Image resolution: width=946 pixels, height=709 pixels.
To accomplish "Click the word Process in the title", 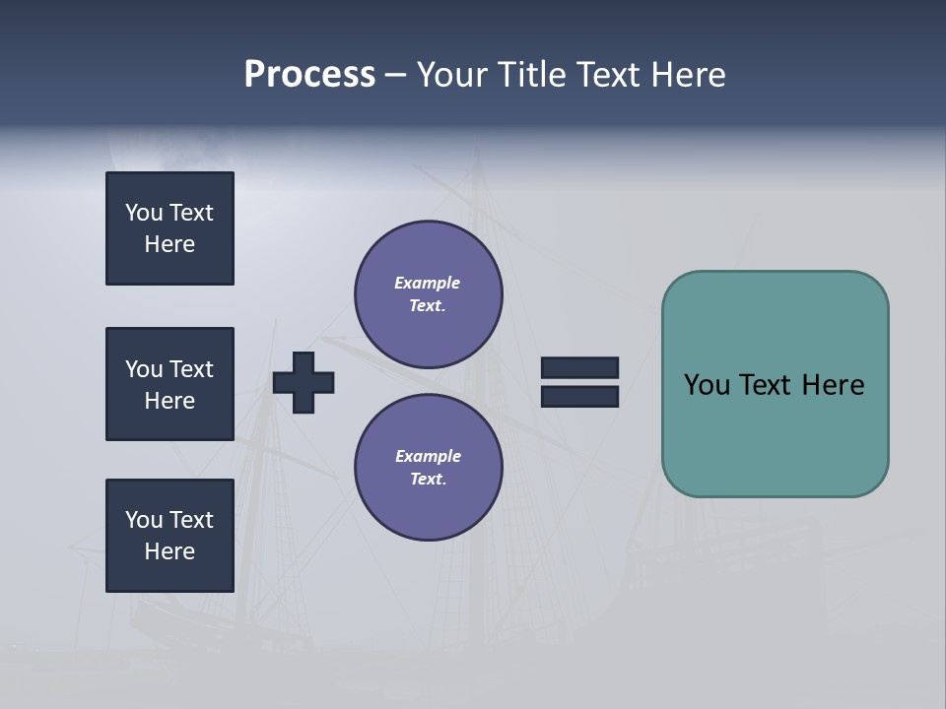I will click(309, 75).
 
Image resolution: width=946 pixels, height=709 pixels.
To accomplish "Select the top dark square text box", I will click(169, 228).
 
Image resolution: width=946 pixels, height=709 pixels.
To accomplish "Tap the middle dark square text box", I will click(169, 384).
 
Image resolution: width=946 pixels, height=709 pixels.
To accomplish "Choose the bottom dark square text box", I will click(169, 536).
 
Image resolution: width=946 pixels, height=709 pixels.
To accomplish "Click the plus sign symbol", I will click(304, 382).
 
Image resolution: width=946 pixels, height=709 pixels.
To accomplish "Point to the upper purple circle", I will click(428, 294).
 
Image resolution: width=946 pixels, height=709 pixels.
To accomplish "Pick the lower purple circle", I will click(428, 468).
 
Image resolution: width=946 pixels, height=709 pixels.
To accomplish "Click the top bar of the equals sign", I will click(579, 367).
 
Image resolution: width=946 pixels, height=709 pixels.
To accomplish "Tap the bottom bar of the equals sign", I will click(579, 396).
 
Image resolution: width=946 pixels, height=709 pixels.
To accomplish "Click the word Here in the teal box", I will click(833, 385).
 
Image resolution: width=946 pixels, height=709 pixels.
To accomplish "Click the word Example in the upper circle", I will click(428, 283).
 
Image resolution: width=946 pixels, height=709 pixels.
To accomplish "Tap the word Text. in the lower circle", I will click(428, 480).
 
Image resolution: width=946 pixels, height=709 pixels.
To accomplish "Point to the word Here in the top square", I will click(169, 244).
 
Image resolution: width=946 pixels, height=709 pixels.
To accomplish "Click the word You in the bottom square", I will click(144, 520).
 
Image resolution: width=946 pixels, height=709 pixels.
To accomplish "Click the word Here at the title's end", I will click(687, 75).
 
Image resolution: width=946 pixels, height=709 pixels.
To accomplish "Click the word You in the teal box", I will click(707, 385).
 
